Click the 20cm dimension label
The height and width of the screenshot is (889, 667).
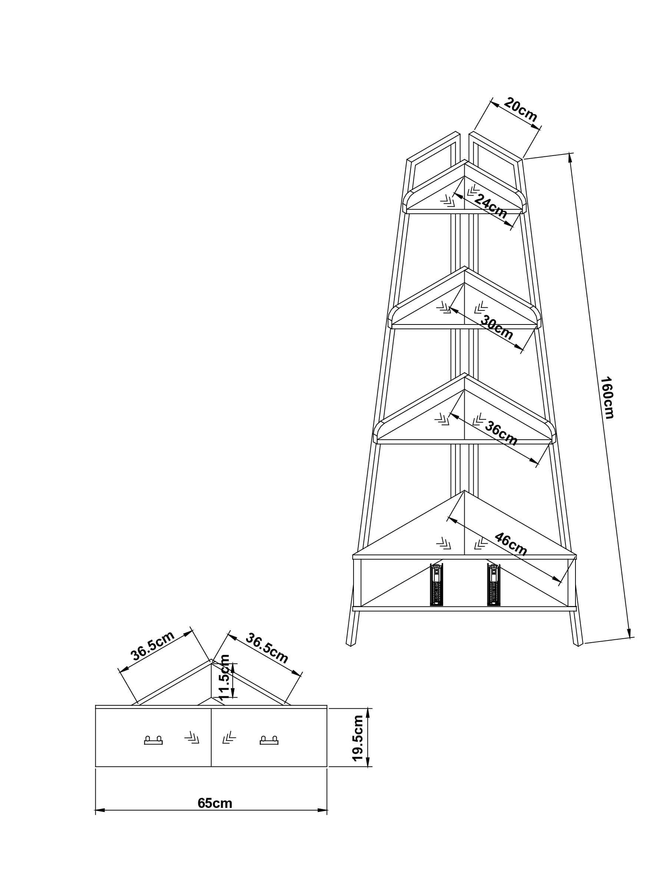coord(520,109)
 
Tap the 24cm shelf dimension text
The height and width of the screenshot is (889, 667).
coord(491,206)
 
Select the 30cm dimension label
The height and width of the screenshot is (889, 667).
coord(497,327)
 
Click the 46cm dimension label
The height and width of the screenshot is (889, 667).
coord(511,544)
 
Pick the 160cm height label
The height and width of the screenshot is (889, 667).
coord(607,397)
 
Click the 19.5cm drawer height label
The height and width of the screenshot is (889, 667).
coord(358,738)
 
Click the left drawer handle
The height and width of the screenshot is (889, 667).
coord(153,740)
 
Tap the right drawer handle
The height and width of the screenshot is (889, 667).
coord(269,740)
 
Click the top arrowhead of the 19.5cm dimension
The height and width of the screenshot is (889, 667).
coord(368,714)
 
